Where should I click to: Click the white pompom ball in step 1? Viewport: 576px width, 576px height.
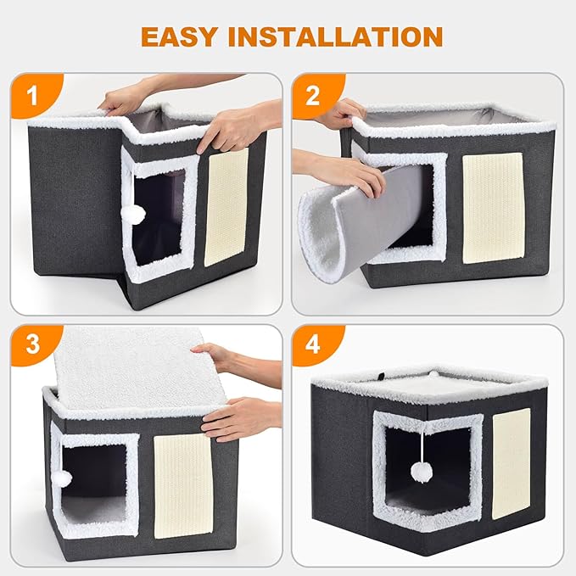pos(134,215)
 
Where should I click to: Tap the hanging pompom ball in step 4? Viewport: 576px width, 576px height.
pos(422,472)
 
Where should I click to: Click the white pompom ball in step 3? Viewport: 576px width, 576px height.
pos(62,478)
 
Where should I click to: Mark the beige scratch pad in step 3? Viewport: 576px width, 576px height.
pos(182,484)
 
